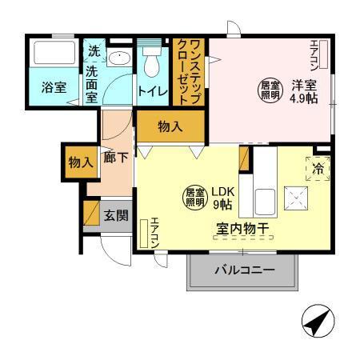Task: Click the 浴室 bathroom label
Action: [54, 88]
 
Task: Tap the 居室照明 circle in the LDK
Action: [194, 196]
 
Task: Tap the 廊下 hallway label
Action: [116, 158]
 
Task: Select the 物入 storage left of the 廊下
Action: [79, 162]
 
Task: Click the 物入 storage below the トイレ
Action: [170, 126]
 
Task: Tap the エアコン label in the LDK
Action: [154, 233]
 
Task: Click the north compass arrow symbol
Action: [317, 324]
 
